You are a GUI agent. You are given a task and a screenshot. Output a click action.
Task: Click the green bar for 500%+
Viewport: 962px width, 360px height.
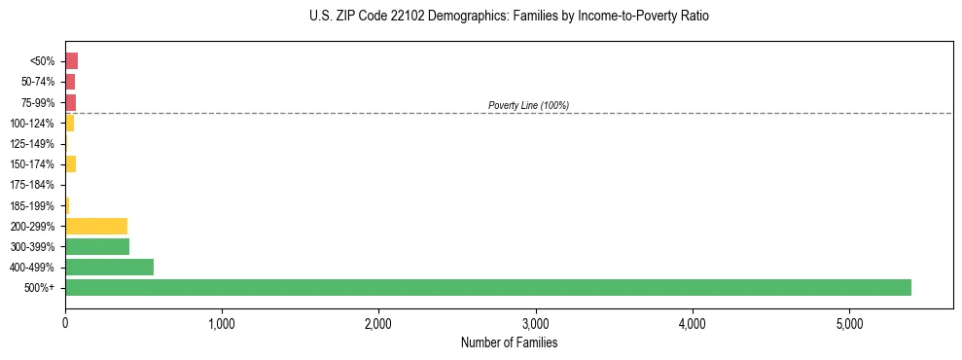(x=486, y=287)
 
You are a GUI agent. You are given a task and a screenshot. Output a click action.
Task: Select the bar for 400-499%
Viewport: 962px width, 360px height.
(x=109, y=267)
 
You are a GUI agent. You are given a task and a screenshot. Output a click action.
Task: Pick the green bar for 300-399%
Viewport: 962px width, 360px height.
(x=97, y=246)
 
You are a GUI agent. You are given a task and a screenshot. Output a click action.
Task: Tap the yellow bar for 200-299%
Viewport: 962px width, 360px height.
(x=96, y=226)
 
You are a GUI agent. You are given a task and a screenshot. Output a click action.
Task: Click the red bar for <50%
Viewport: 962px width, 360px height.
(x=71, y=61)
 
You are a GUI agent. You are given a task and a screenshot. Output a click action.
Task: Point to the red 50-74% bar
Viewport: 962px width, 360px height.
(x=70, y=82)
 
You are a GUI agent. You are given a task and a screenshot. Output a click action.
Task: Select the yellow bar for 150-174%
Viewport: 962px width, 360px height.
(x=70, y=163)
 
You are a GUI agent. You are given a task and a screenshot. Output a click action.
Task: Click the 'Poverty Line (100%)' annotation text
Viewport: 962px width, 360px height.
(x=528, y=105)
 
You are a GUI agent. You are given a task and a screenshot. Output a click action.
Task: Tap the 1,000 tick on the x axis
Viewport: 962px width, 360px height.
(x=222, y=323)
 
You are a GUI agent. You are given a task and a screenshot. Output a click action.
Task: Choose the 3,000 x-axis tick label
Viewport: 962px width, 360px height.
(x=535, y=323)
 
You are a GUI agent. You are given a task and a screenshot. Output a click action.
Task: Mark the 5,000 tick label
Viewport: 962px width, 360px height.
(x=849, y=323)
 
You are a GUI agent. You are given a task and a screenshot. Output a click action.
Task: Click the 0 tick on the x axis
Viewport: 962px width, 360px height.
(x=65, y=323)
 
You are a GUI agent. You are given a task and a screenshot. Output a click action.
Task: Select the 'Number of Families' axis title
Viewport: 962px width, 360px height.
(x=509, y=342)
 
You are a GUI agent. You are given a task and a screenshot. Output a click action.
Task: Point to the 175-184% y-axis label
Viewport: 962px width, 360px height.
(x=32, y=185)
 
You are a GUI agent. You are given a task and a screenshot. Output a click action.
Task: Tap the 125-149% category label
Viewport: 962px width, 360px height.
(x=32, y=144)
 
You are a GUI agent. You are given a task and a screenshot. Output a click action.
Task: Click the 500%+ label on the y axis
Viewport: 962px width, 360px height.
(x=40, y=288)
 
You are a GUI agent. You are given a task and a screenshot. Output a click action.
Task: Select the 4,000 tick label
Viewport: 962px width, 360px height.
(x=693, y=323)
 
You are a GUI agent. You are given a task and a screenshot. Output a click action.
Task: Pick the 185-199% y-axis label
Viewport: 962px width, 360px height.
(x=32, y=205)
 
